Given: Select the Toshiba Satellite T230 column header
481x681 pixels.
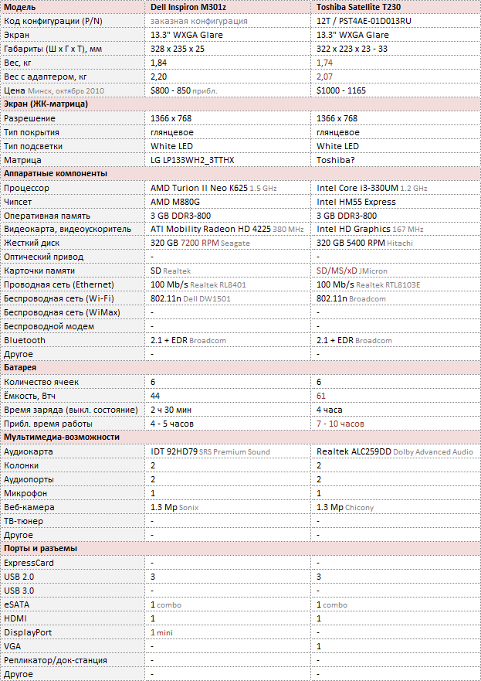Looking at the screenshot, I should click(x=359, y=7).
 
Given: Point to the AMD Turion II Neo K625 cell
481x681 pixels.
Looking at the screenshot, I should click(x=199, y=188).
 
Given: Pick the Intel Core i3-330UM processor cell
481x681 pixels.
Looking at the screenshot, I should click(x=359, y=188).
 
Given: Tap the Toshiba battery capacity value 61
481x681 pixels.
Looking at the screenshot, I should click(x=321, y=396).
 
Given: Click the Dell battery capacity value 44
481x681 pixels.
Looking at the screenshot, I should click(x=155, y=396).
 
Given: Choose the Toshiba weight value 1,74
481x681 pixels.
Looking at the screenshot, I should click(x=325, y=63).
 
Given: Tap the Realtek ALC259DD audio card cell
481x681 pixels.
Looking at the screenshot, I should click(x=353, y=451).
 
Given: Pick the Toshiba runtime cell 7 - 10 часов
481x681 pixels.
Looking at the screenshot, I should click(x=340, y=424).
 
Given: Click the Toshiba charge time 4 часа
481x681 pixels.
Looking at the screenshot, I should click(x=330, y=410).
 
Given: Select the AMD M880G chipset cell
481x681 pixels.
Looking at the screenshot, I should click(x=174, y=202).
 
